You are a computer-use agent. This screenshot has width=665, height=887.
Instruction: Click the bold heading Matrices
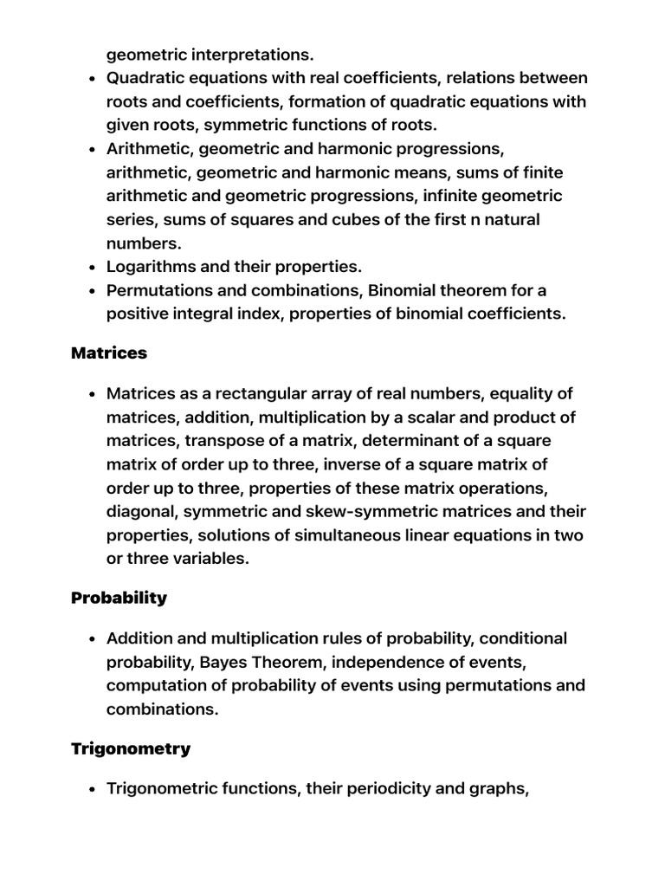pyautogui.click(x=109, y=353)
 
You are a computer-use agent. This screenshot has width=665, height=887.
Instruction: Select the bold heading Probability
pyautogui.click(x=119, y=599)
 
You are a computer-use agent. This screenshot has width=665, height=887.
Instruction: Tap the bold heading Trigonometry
pyautogui.click(x=131, y=749)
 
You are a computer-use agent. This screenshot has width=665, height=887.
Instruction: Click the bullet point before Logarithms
pyautogui.click(x=92, y=267)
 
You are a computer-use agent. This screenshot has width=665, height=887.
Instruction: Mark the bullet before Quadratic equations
pyautogui.click(x=92, y=79)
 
